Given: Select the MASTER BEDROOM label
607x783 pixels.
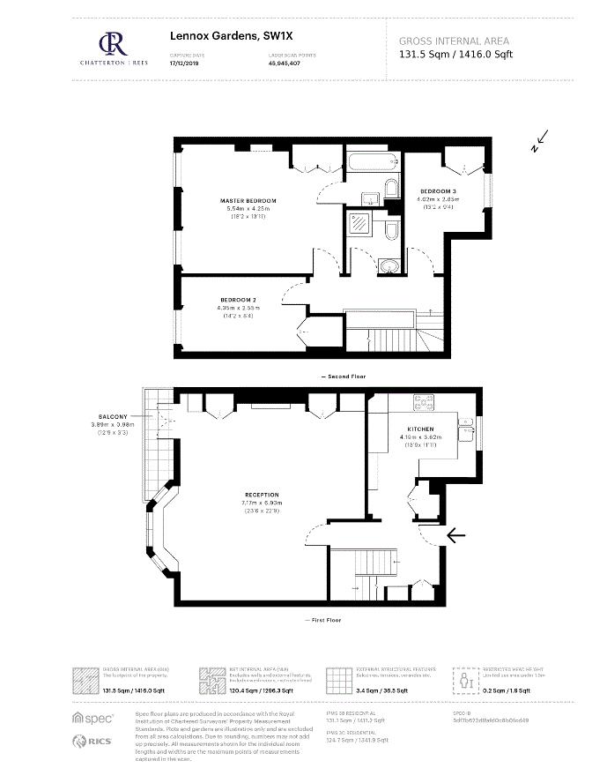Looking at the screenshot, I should (x=248, y=201).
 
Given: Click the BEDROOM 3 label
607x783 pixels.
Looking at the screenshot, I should (x=438, y=191).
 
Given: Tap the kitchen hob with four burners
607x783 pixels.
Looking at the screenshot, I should (x=420, y=403).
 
